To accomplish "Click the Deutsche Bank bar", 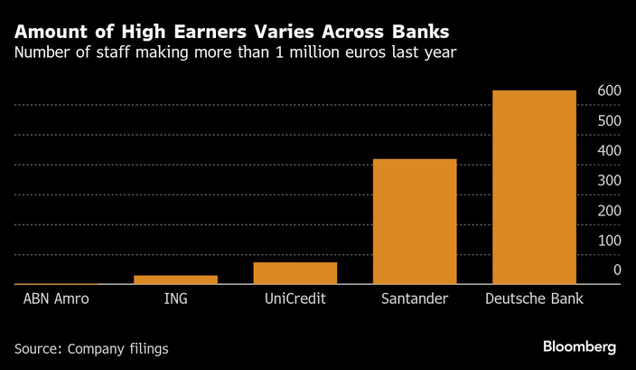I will (534, 186).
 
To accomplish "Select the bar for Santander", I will (415, 221).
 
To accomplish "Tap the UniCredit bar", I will (295, 272).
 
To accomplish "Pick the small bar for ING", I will (175, 280).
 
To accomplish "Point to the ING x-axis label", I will (175, 299).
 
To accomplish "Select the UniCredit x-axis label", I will (295, 299).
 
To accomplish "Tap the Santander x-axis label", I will (415, 299).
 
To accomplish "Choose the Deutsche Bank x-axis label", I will (534, 299).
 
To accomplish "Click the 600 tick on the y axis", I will (610, 90).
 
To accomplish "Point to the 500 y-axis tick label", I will (610, 120).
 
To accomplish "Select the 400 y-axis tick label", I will (610, 150).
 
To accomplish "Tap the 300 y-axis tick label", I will (610, 180).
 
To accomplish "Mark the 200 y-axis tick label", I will (610, 210).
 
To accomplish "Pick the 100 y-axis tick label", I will (610, 240).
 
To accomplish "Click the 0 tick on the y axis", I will (617, 270).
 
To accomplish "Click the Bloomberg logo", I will (579, 347).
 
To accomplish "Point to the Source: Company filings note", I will (91, 347).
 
